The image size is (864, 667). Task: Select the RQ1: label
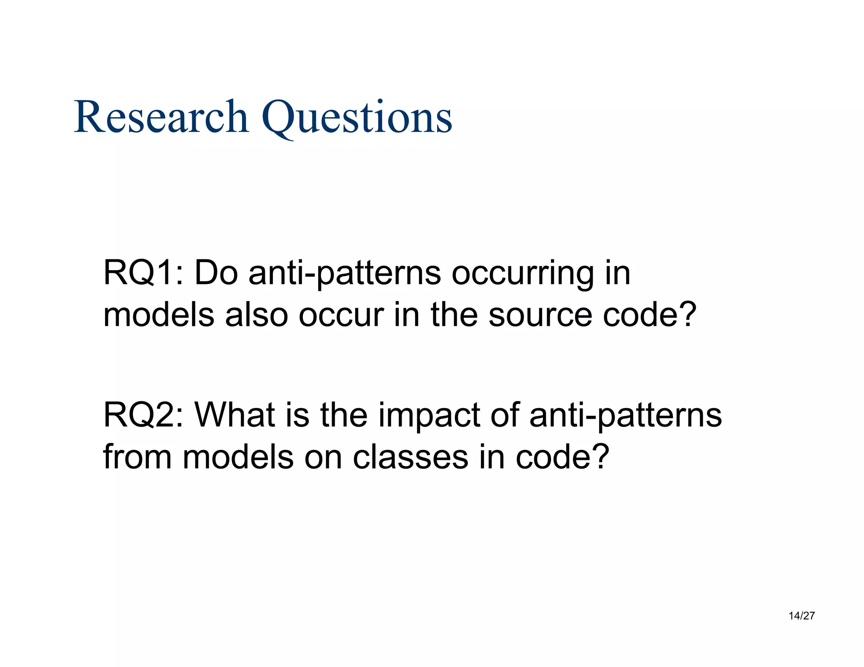pos(143,273)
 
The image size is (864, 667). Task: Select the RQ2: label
pos(143,415)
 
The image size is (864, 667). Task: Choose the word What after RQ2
pos(234,415)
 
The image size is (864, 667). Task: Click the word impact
pos(429,417)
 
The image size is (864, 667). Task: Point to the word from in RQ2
pos(137,457)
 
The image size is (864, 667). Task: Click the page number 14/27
pos(802,616)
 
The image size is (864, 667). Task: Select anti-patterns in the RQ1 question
pos(345,274)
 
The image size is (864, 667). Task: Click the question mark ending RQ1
pos(688,315)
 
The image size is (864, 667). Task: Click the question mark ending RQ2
pos(601,457)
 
